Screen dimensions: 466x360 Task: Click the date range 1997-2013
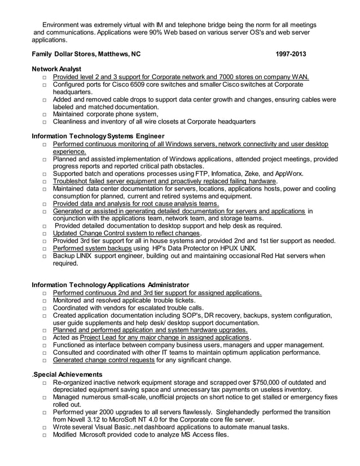291,55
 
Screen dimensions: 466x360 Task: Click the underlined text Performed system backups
93,248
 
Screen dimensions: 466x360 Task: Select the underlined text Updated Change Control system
109,233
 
